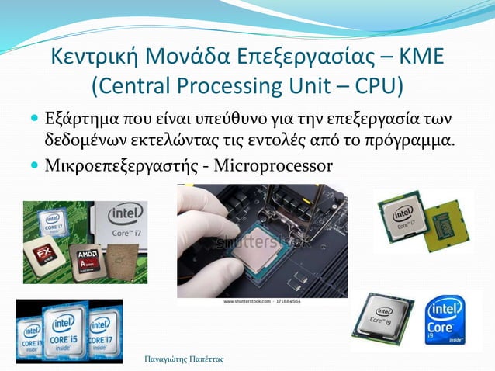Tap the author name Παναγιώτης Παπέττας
pos(185,359)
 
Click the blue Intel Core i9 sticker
pos(447,321)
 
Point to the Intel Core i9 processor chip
pos(382,321)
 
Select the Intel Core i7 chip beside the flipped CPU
pos(403,218)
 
